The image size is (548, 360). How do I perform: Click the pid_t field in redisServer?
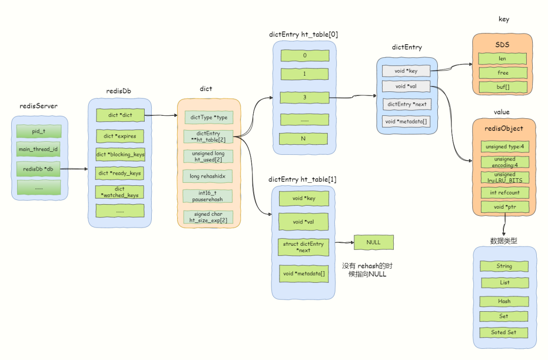[39, 132]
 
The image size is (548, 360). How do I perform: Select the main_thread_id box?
[39, 149]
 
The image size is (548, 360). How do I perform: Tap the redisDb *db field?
[39, 169]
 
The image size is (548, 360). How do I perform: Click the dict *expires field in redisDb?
[120, 137]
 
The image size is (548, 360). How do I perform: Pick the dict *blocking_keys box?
[120, 155]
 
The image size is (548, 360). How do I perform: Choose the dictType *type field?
[209, 118]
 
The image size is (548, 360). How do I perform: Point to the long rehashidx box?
[208, 176]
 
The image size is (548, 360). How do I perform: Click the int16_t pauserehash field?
[208, 196]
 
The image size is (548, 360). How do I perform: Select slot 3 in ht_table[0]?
[304, 97]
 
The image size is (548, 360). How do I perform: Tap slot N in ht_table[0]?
[303, 139]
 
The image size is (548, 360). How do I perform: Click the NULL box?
[373, 242]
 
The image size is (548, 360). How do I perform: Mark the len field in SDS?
[502, 58]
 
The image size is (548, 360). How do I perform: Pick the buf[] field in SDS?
[502, 87]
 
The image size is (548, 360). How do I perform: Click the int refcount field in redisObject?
[505, 192]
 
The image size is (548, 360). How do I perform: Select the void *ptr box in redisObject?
[505, 207]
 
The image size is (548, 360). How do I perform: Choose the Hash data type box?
[504, 301]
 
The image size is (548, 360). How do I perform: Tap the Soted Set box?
[504, 333]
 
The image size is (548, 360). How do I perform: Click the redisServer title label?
[39, 106]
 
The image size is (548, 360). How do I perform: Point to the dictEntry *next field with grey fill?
[406, 104]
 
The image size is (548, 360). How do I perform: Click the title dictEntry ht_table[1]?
[302, 179]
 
